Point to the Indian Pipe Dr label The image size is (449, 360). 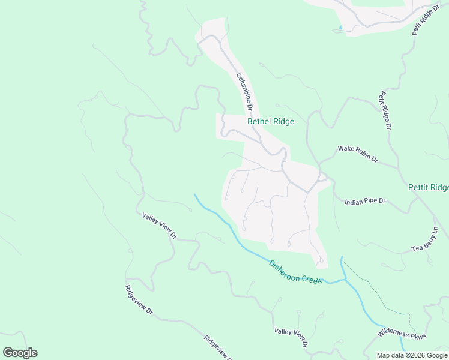tap(365, 202)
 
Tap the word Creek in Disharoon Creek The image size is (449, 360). tap(312, 279)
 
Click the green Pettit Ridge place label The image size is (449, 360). tap(428, 188)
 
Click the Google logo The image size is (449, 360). tap(20, 353)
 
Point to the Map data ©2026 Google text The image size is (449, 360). tap(412, 355)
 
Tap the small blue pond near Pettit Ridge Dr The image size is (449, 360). tap(340, 27)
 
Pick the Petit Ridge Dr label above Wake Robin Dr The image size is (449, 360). tap(384, 111)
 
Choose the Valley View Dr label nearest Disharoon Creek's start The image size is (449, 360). tap(159, 226)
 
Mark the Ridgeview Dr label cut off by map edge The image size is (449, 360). tap(218, 348)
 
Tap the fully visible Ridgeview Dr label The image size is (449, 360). tap(139, 299)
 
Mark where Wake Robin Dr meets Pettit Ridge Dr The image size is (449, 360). tap(397, 166)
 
